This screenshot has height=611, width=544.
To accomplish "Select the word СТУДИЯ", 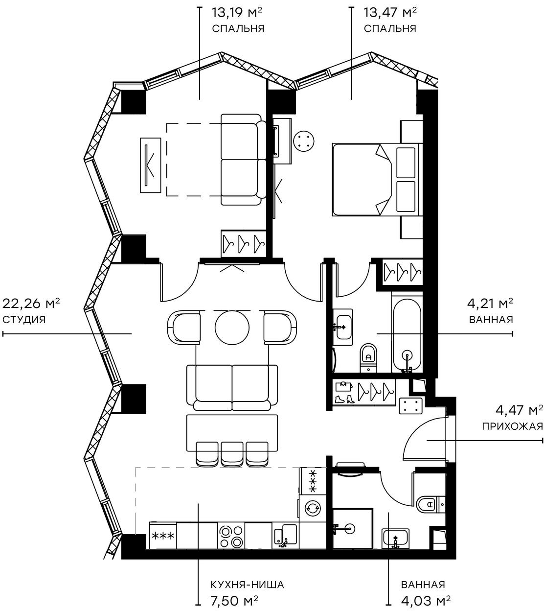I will (24, 320).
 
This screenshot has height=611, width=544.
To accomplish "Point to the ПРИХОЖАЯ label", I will (512, 426).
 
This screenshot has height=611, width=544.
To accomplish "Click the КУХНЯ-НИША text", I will (247, 585).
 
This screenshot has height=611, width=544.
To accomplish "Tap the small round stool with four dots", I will (304, 141).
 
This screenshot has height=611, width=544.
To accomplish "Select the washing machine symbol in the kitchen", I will (311, 508).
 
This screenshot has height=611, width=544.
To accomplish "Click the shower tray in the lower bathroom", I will (351, 528).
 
